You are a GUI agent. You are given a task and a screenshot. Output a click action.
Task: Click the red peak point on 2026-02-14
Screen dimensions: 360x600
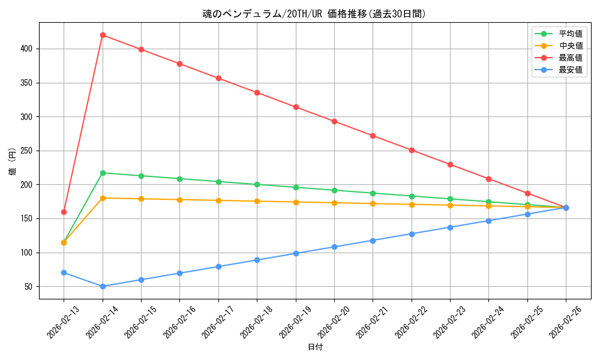click(103, 35)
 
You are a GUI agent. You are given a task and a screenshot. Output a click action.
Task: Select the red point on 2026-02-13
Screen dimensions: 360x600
click(64, 212)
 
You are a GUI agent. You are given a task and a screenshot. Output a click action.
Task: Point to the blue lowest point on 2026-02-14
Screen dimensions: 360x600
click(103, 286)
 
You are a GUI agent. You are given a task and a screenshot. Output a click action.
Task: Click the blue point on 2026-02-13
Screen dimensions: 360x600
click(64, 272)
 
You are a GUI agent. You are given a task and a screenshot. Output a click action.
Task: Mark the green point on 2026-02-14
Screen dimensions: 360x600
click(103, 173)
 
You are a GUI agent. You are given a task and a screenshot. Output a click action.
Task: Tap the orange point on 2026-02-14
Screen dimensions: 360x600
click(103, 198)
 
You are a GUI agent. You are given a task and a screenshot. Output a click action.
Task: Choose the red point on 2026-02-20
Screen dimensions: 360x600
click(334, 121)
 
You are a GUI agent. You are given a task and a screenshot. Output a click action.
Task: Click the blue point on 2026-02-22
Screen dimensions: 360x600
click(412, 234)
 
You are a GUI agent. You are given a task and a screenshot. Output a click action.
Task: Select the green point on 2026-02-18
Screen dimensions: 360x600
click(257, 184)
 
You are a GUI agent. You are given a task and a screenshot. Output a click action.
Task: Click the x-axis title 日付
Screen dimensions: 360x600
click(315, 347)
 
